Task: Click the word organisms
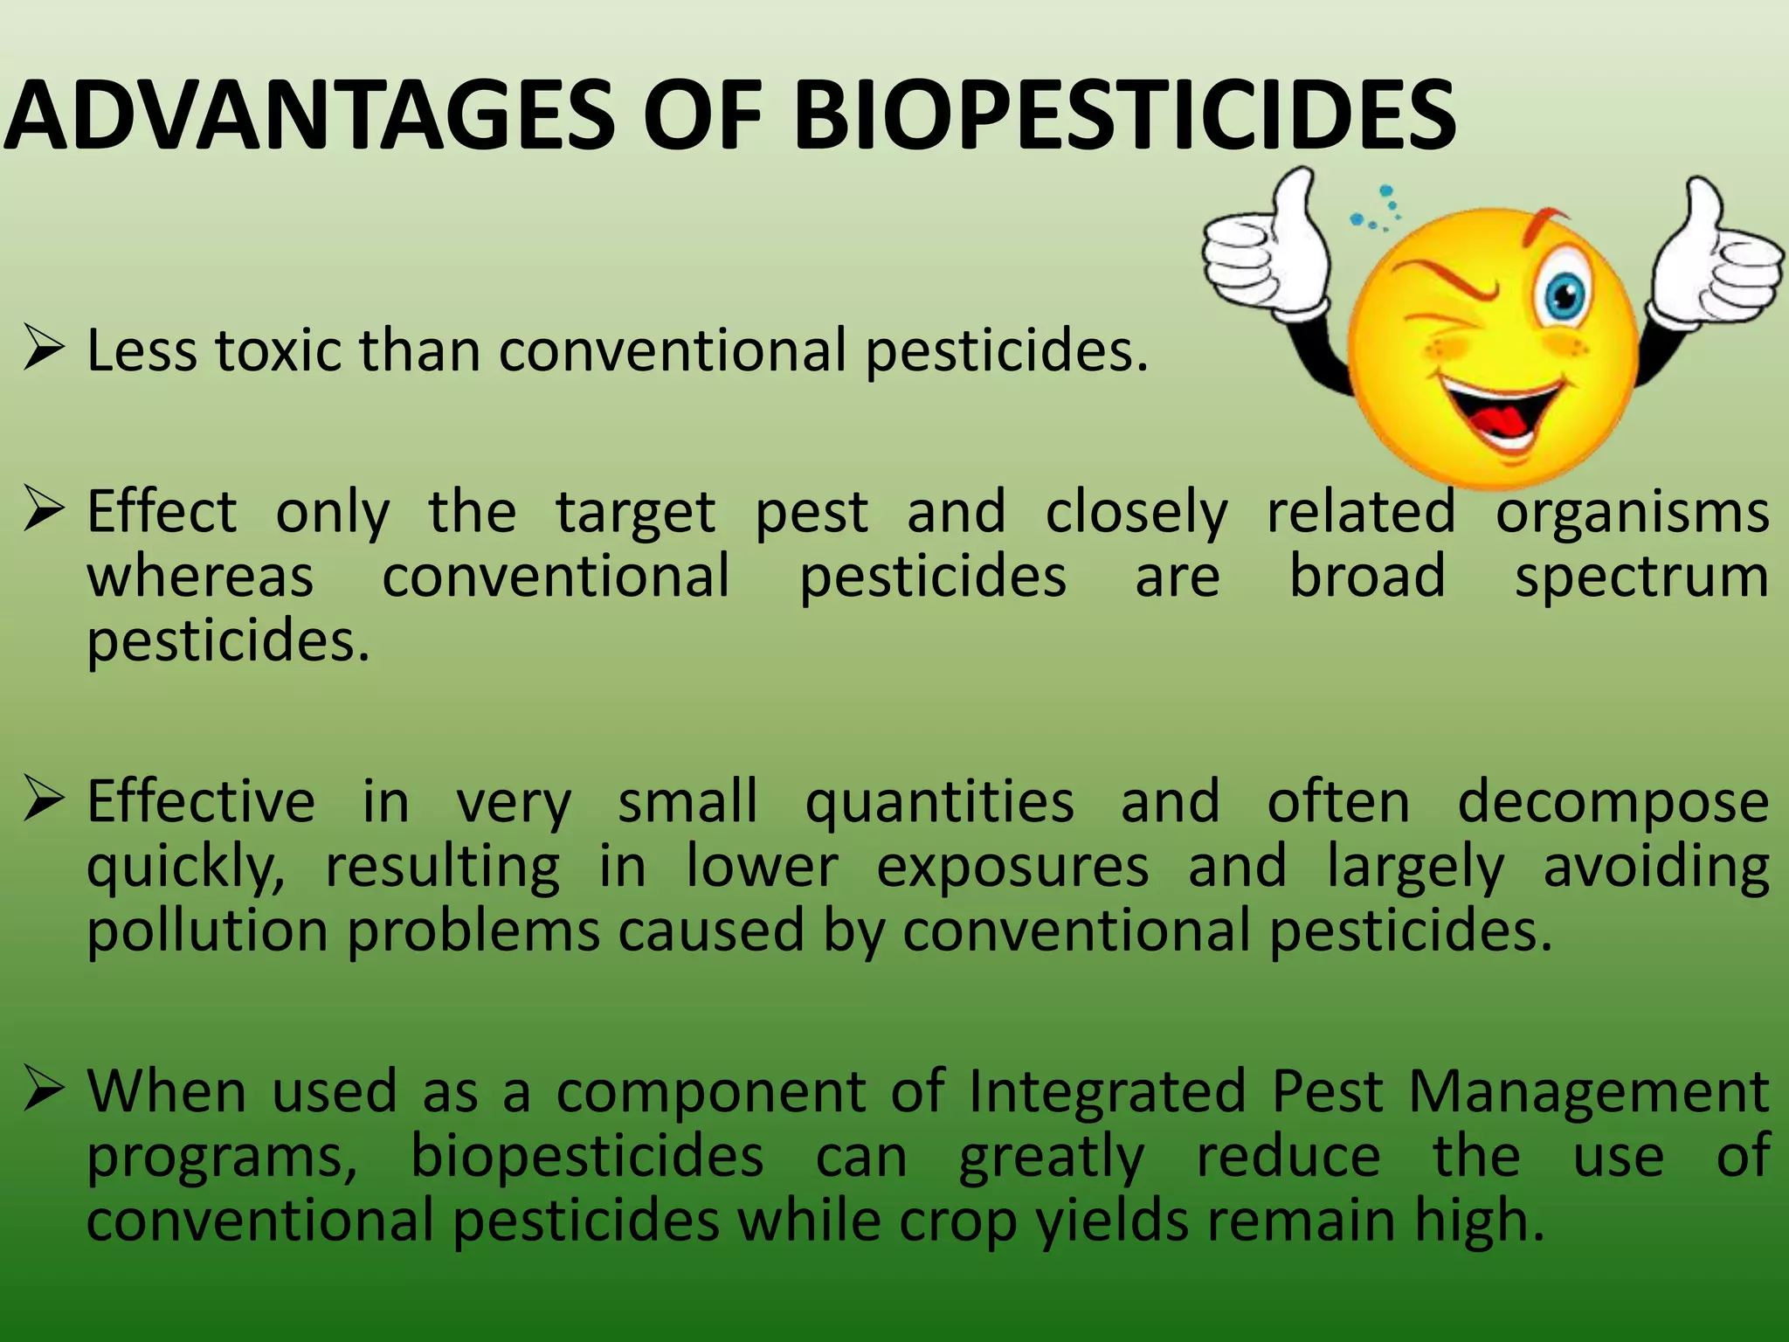1632,514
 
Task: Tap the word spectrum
1641,578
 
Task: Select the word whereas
200,578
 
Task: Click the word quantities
939,802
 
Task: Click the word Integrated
1107,1093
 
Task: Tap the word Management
1588,1093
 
